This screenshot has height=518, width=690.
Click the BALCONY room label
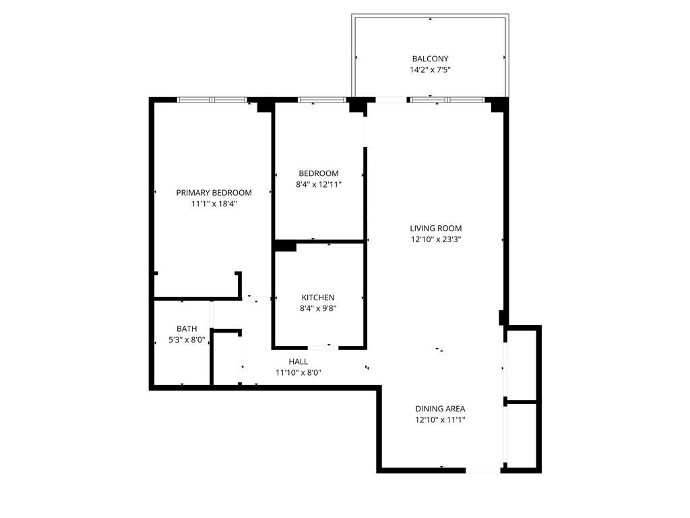[x=430, y=59]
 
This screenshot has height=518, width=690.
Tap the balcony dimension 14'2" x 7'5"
[x=430, y=69]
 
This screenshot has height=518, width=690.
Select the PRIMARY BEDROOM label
[x=214, y=192]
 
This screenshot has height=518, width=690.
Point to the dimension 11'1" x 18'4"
[x=214, y=203]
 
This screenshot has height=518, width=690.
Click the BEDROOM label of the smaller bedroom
[x=319, y=173]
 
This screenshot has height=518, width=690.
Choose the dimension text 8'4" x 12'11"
[x=319, y=184]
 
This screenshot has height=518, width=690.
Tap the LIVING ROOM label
[x=436, y=228]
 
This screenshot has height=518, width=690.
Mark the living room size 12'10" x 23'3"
[x=436, y=239]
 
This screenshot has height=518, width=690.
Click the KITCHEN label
[x=318, y=297]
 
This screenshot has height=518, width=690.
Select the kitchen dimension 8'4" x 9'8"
[x=318, y=308]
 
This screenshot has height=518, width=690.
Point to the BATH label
[x=187, y=329]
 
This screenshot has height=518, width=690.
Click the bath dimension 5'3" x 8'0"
[x=187, y=340]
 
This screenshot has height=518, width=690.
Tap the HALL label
[x=298, y=362]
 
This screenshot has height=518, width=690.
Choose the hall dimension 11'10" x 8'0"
[x=298, y=372]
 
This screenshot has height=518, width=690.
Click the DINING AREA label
[x=440, y=408]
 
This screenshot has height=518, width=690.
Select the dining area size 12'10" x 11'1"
[x=440, y=419]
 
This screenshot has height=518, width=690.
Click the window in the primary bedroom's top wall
[x=212, y=100]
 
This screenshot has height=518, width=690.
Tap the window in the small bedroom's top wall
[x=321, y=100]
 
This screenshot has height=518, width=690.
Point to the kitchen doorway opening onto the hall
[x=323, y=347]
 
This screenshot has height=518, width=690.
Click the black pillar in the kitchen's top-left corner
[x=285, y=247]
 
